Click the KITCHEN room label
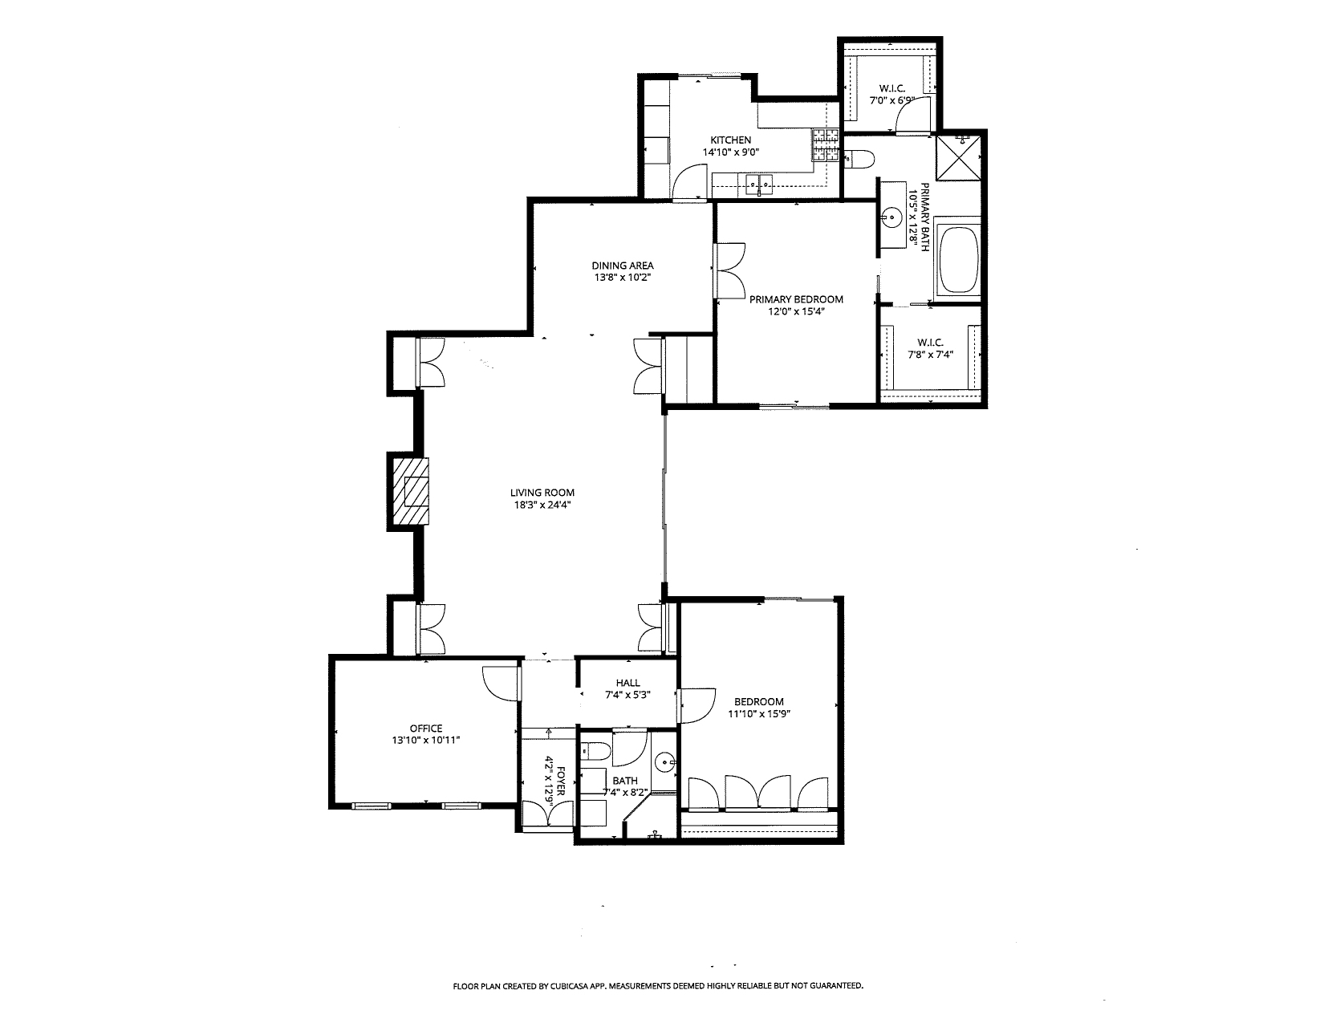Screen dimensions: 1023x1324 (x=730, y=140)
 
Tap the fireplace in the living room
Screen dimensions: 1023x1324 (x=412, y=491)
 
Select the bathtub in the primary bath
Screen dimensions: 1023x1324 (x=959, y=260)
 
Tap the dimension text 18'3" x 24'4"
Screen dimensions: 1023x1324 (x=542, y=505)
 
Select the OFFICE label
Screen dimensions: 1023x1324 (x=425, y=729)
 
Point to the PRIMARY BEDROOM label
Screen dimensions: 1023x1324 (x=796, y=299)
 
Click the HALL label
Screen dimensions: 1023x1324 (x=627, y=684)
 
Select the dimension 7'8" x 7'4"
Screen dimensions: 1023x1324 (x=931, y=355)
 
